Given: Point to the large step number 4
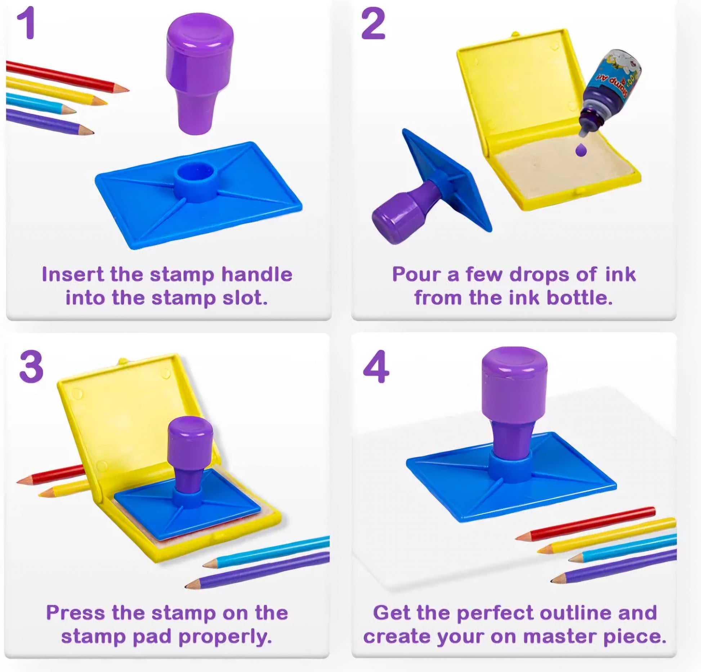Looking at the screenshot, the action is pos(376,367).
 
